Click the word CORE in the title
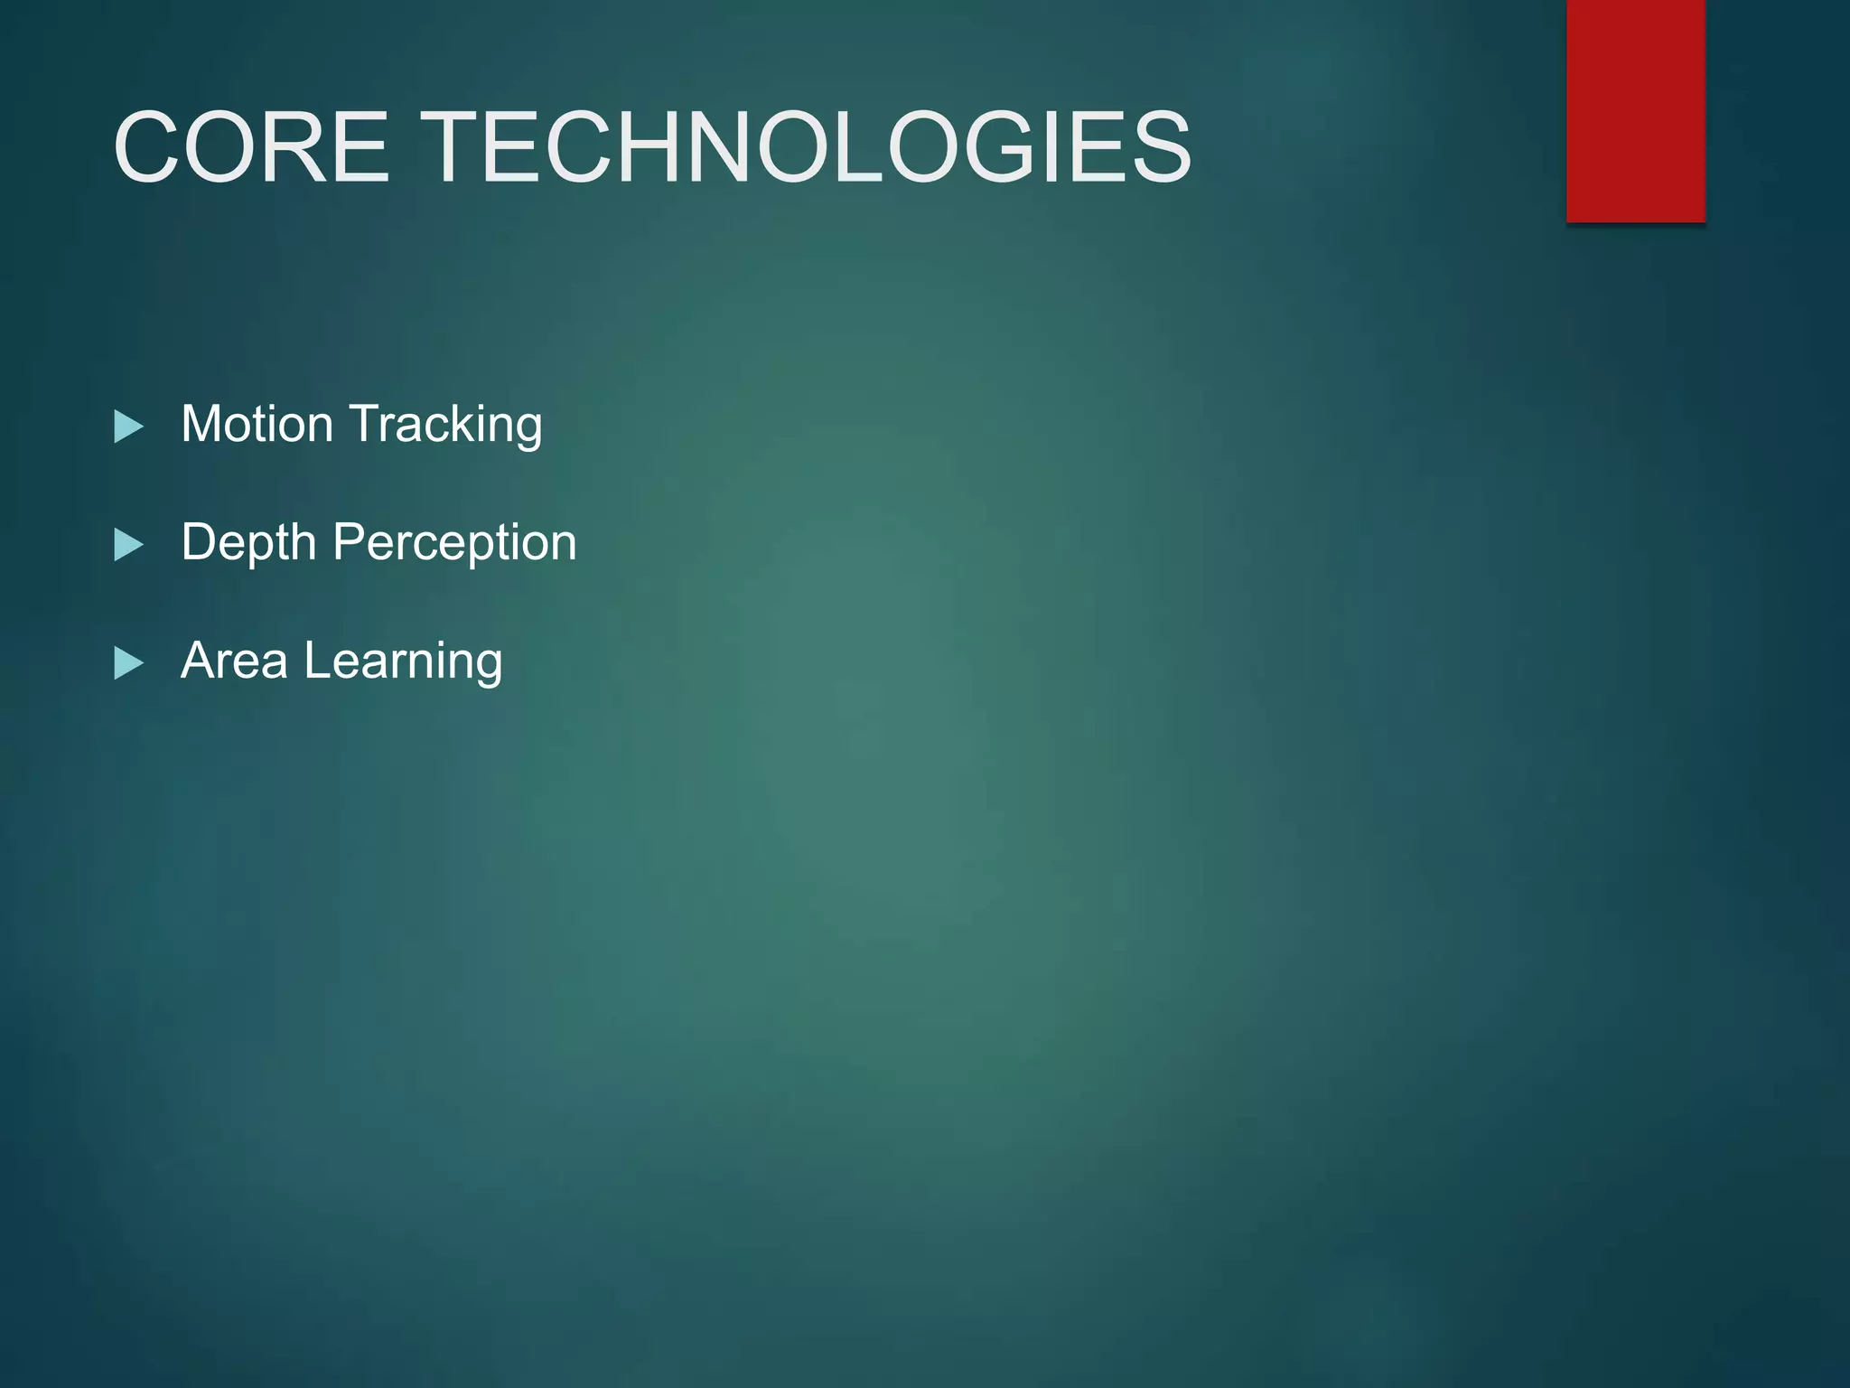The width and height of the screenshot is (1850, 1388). tap(251, 147)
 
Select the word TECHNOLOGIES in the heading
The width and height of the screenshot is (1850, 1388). tap(808, 147)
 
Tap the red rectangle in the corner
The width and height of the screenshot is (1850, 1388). tap(1635, 110)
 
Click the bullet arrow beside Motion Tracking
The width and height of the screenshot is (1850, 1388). tap(129, 427)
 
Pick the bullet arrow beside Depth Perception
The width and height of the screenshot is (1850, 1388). tap(129, 545)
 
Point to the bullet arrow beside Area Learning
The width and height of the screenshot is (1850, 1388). tap(129, 663)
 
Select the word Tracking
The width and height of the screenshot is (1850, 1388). tap(445, 425)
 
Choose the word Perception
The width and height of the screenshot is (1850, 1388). tap(454, 543)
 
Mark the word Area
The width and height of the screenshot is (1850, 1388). tap(235, 661)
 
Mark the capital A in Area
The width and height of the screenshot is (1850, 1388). tap(198, 660)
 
